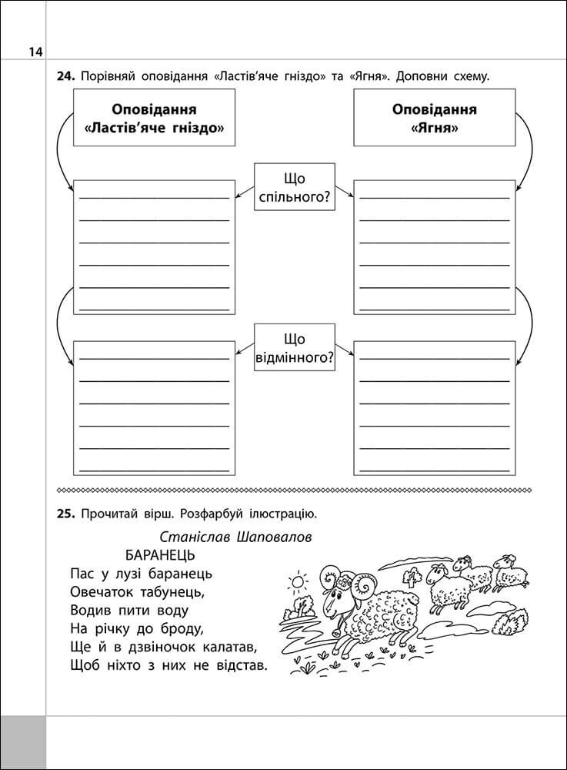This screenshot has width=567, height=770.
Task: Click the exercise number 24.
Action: click(x=65, y=76)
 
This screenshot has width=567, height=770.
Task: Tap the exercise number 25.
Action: click(x=65, y=513)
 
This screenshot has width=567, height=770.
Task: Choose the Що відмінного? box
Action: click(x=295, y=348)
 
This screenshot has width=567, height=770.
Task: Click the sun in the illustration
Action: click(x=298, y=577)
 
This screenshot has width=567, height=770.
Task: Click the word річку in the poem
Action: click(x=116, y=628)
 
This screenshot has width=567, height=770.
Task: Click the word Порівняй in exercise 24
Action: click(x=112, y=76)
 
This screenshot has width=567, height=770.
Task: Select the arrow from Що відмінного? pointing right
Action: click(x=345, y=353)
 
